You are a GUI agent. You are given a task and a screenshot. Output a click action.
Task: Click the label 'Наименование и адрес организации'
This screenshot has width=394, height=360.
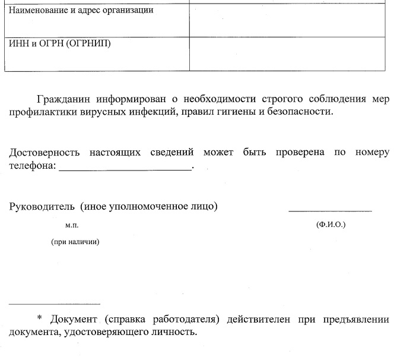coord(81,11)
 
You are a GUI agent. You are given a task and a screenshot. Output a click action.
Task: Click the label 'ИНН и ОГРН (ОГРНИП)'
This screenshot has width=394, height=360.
coord(60,43)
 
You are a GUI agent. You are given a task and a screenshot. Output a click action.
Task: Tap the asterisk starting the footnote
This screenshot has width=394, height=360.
coord(40,319)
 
